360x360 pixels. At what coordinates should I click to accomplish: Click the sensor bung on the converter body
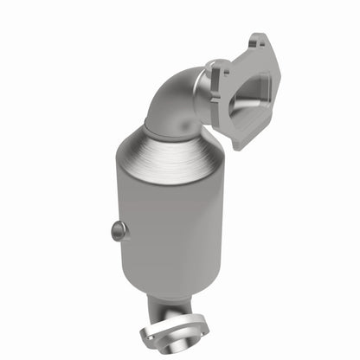click(119, 230)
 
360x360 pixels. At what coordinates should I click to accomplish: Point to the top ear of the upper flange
click(257, 46)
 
